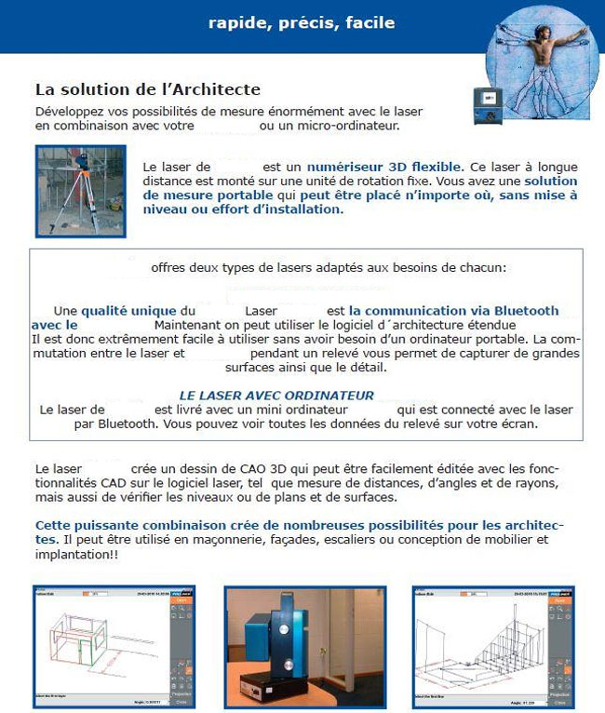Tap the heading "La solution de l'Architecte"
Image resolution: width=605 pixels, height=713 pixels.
147,89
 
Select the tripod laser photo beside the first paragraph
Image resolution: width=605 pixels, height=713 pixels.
80,191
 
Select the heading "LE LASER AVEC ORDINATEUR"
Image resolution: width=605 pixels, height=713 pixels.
276,395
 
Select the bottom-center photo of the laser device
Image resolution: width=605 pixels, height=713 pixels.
302,643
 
